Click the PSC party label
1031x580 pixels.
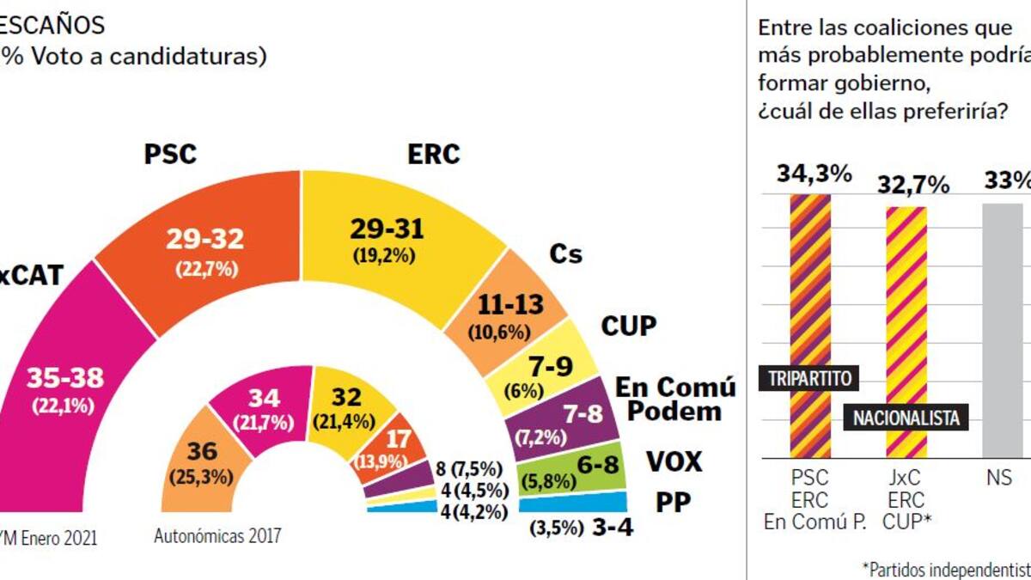tap(170, 155)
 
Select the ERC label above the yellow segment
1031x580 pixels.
tap(433, 155)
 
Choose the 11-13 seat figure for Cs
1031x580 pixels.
tap(515, 303)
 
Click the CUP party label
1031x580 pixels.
tap(628, 327)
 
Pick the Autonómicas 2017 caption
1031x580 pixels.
tap(217, 537)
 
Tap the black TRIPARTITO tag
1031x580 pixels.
tap(810, 377)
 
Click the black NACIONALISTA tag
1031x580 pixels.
tap(906, 418)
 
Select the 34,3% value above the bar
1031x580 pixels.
tap(814, 174)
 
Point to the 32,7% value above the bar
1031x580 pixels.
tap(912, 185)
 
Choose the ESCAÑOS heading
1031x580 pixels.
tap(52, 24)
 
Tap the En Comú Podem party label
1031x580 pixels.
tap(675, 399)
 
